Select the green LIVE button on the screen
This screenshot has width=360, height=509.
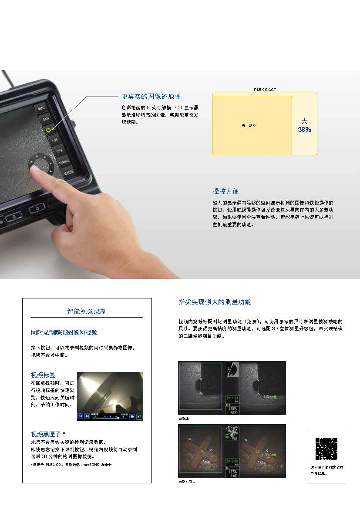coord(55,140)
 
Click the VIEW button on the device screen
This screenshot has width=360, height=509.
coord(60,151)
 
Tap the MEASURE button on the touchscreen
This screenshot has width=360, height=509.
coord(68,172)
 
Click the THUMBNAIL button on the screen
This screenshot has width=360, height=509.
coord(64,161)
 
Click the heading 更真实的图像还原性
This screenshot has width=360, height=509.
coord(151,97)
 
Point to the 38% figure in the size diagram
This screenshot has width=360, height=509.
coord(305,129)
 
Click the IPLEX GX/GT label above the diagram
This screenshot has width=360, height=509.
coord(265,90)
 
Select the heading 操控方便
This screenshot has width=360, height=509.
coord(225,191)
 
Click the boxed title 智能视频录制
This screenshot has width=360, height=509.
coord(87,311)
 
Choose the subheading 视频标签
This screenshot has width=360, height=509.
coord(44,375)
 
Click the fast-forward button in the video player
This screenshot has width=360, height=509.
coord(132,416)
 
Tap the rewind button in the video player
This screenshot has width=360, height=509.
coord(87,416)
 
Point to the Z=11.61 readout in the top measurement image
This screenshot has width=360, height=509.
coord(233,398)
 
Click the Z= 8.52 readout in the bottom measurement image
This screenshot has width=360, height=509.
coord(233,461)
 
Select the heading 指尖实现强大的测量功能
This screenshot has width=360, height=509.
coord(215,301)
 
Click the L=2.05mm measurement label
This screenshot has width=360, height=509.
coord(266,396)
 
